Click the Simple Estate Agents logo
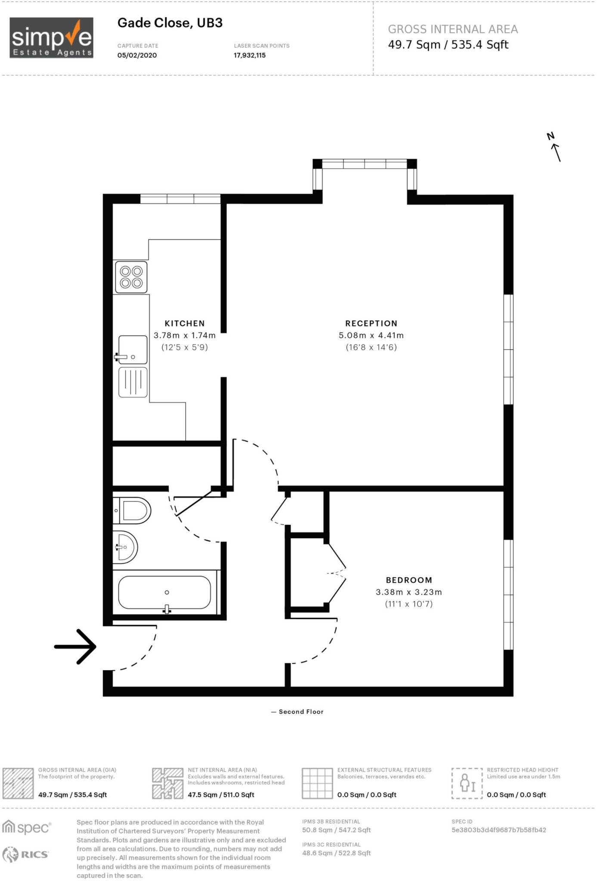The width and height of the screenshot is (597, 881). (x=51, y=38)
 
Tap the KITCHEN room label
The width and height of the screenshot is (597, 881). (x=185, y=323)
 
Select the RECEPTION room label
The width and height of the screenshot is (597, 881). (x=371, y=323)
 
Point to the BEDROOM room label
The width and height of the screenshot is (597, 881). (x=408, y=580)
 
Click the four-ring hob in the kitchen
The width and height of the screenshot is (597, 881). (x=131, y=277)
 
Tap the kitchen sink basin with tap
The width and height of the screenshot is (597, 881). (x=133, y=350)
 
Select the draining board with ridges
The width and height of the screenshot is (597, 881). (x=133, y=382)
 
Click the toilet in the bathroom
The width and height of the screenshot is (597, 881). (x=133, y=511)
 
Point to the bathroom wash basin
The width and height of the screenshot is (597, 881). (x=125, y=547)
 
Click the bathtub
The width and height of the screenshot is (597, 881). (x=165, y=593)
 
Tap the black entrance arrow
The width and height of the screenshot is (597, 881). (x=76, y=647)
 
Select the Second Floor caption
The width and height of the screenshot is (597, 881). (x=300, y=712)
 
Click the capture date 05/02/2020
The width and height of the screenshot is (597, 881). (x=137, y=55)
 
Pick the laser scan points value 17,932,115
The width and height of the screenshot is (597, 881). (x=250, y=55)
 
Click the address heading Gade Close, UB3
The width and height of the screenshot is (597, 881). (x=170, y=23)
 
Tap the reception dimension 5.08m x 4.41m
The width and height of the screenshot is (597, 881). (x=371, y=336)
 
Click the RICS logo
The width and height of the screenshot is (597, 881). (x=26, y=855)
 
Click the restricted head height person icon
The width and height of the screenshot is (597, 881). (x=467, y=783)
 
